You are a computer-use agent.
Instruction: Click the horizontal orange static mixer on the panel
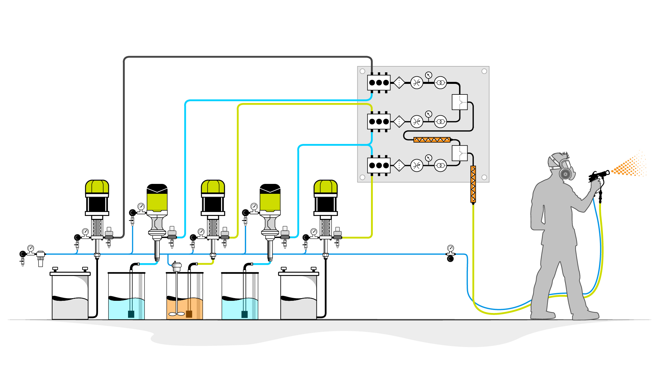click(x=432, y=140)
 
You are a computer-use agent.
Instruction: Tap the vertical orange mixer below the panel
click(x=473, y=184)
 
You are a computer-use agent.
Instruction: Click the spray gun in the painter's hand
click(x=598, y=176)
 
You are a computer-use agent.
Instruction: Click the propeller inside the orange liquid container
click(x=177, y=314)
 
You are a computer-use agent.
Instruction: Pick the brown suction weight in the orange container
click(x=189, y=314)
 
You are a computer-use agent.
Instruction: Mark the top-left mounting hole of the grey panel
click(x=362, y=71)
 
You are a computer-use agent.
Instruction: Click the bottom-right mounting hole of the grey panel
click(x=484, y=177)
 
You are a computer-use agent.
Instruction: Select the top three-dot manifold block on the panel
click(x=379, y=83)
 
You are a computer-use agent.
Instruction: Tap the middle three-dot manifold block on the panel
click(x=379, y=122)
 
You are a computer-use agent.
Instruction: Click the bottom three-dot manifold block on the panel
click(x=379, y=165)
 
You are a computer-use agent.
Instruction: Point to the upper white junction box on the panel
click(x=459, y=102)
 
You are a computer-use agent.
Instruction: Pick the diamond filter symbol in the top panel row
click(x=399, y=83)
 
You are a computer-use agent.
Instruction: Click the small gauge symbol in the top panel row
click(x=428, y=75)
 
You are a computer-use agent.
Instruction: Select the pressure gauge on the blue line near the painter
click(x=450, y=248)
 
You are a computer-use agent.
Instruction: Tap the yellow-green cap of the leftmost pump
click(x=97, y=187)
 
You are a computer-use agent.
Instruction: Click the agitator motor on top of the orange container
click(x=177, y=266)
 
